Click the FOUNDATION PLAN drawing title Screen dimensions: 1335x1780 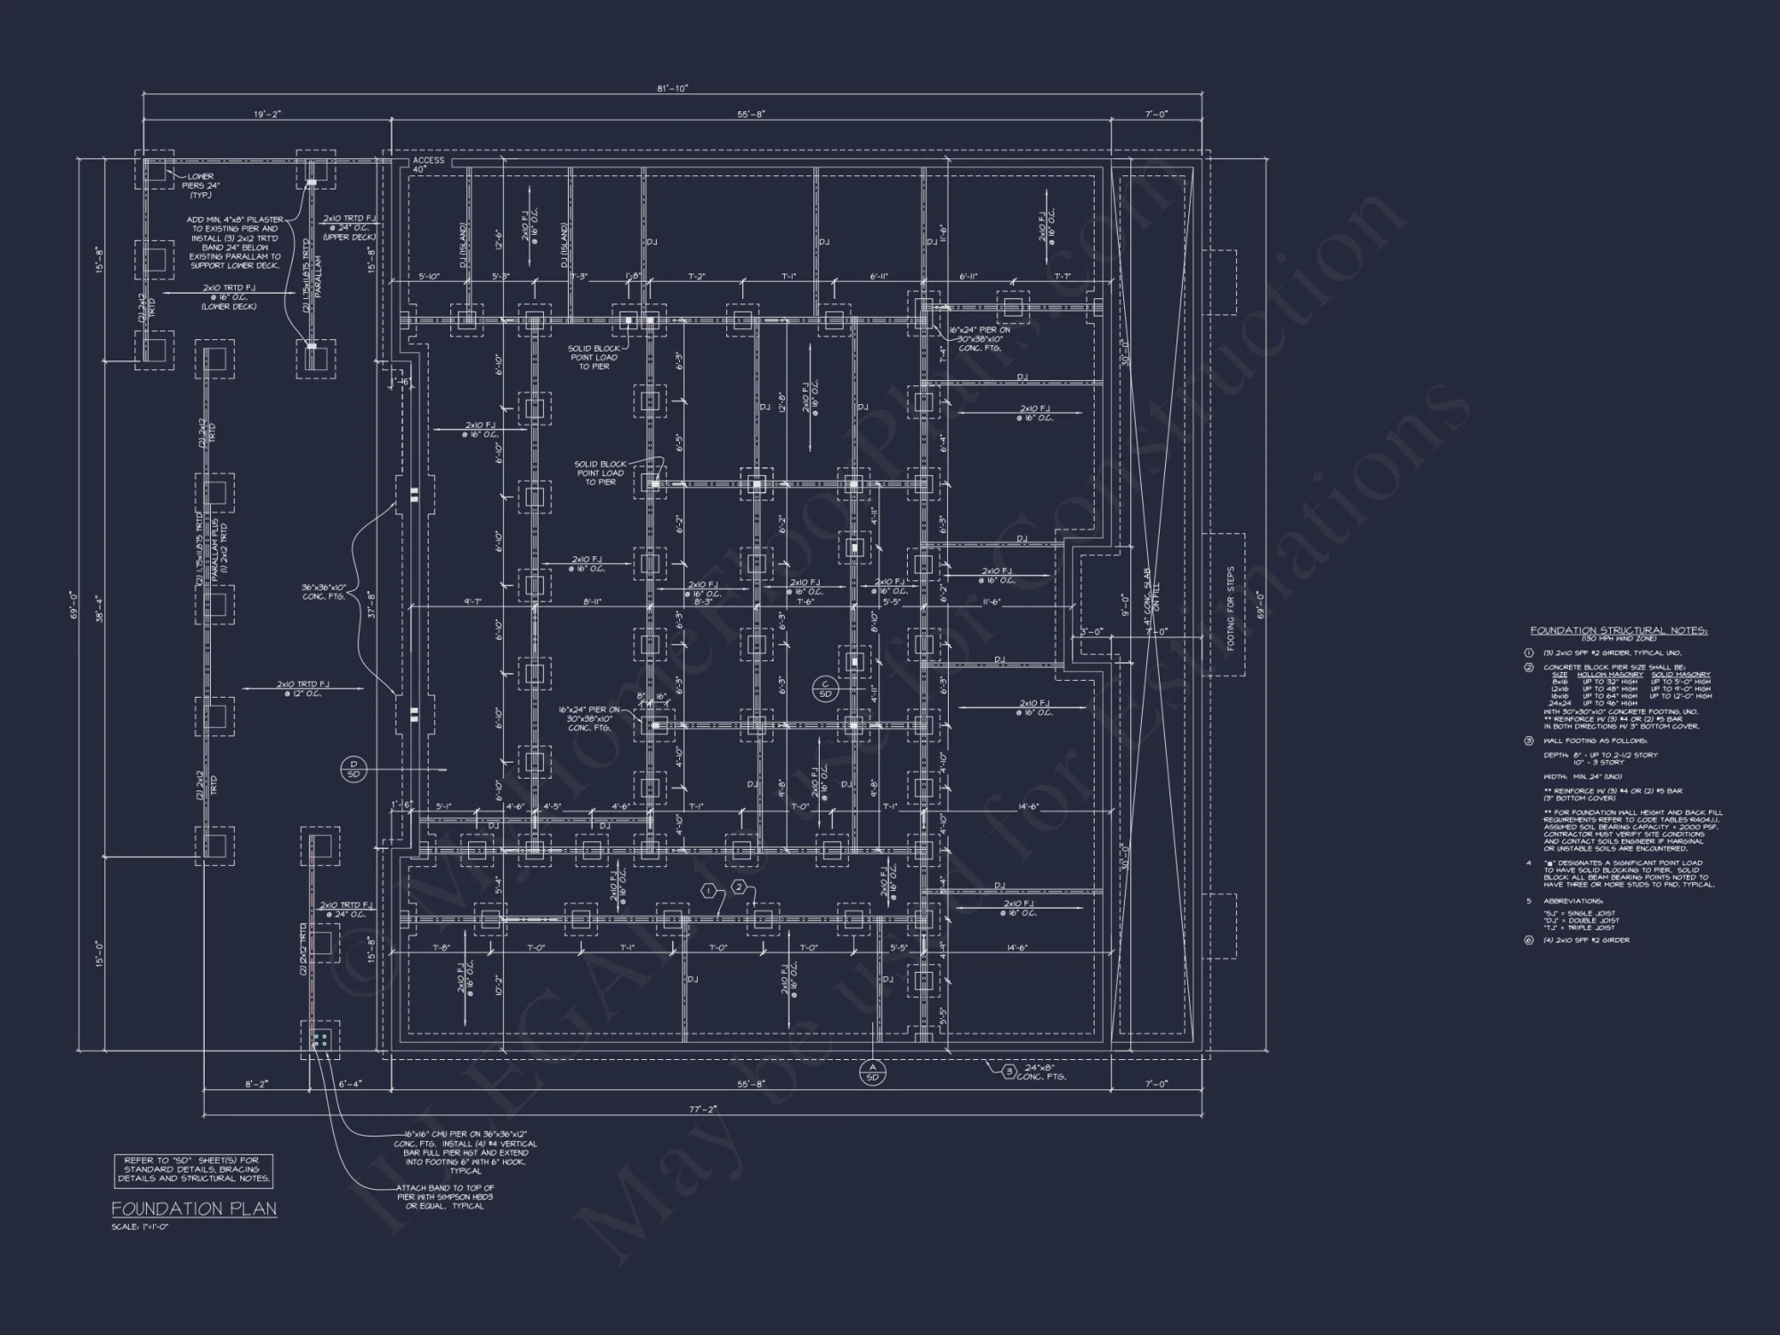click(x=193, y=1209)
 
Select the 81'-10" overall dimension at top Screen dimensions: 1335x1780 click(x=673, y=88)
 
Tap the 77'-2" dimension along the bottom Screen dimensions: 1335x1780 click(x=703, y=1109)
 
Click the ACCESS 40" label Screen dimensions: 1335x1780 click(x=428, y=165)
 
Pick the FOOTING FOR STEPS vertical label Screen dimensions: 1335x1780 click(x=1231, y=609)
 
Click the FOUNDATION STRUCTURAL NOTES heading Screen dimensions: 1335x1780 click(x=1619, y=630)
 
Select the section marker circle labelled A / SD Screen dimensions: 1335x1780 click(x=872, y=1072)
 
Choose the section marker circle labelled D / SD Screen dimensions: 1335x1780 click(x=353, y=770)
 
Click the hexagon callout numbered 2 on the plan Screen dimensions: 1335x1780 click(x=739, y=886)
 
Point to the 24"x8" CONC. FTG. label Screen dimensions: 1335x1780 click(x=1041, y=1072)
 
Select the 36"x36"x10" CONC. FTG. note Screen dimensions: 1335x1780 click(x=328, y=592)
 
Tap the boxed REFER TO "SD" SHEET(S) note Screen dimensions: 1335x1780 click(x=193, y=1169)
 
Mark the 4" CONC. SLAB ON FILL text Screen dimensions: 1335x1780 click(x=1151, y=600)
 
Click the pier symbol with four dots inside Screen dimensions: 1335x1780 click(x=320, y=1040)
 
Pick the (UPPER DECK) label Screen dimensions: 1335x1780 click(x=349, y=238)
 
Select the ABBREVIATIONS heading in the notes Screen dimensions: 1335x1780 click(x=1573, y=901)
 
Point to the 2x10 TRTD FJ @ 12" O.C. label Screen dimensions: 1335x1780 click(x=303, y=689)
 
